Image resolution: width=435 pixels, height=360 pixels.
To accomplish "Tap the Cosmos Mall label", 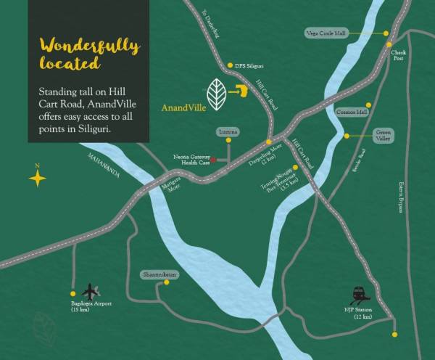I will [352, 112].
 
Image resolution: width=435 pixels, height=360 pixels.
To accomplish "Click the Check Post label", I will [399, 56].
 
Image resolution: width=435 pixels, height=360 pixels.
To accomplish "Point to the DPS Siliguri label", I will [251, 65].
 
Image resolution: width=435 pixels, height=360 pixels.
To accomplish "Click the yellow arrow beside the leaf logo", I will [241, 91].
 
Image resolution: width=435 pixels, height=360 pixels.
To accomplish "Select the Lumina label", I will [227, 132].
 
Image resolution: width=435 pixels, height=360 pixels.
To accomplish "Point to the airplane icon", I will [91, 290].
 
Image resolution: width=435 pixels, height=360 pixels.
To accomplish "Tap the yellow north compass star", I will [37, 178].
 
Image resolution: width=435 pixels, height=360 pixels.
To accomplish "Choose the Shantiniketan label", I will [159, 274].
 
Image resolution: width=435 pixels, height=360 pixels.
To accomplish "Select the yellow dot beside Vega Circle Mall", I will [386, 33].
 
